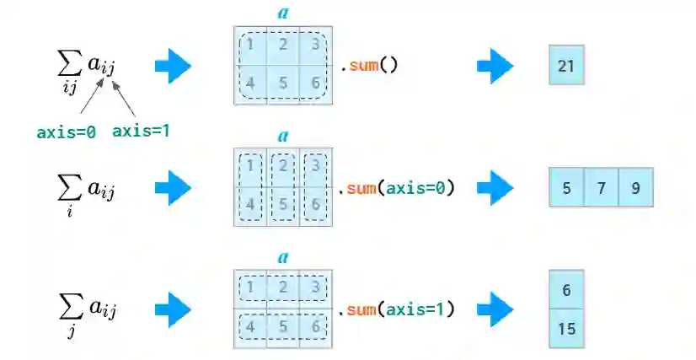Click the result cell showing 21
(565, 65)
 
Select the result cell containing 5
(566, 188)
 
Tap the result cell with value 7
(601, 188)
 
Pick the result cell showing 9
(634, 188)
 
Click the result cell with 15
(566, 328)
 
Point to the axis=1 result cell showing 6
(566, 290)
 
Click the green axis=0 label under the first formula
(66, 132)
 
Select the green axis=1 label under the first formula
(142, 131)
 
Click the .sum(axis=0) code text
(396, 188)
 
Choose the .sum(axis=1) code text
(396, 309)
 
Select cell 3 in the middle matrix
(315, 167)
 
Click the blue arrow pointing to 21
(495, 66)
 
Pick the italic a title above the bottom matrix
(283, 257)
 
